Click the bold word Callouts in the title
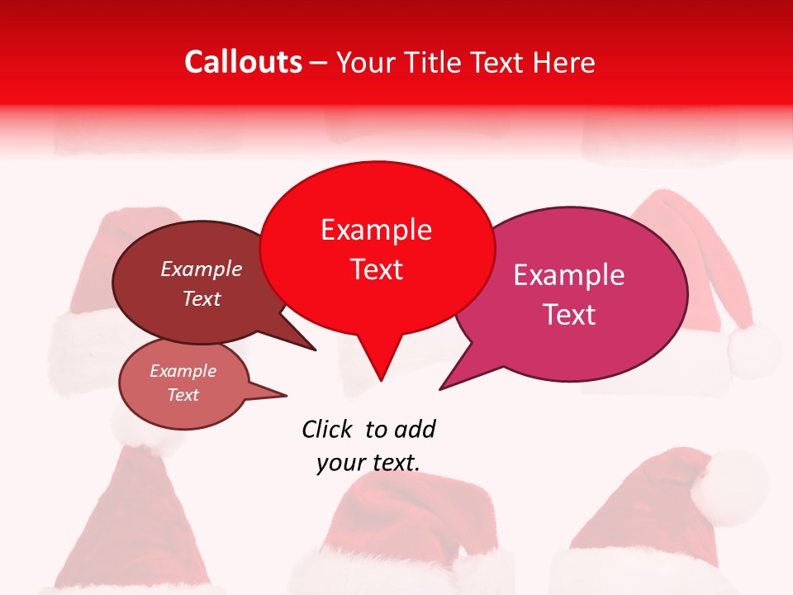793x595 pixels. (243, 62)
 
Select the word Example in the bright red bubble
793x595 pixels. (376, 230)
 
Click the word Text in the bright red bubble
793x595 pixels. (376, 269)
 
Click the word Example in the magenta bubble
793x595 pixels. (569, 275)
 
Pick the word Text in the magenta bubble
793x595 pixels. (569, 315)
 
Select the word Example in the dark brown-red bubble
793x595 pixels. (202, 269)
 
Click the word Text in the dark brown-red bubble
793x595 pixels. (202, 298)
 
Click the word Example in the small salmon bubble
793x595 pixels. (183, 371)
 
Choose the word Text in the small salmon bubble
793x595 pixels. (183, 395)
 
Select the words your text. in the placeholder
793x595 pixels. (368, 463)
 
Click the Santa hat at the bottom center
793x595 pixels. (405, 529)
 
